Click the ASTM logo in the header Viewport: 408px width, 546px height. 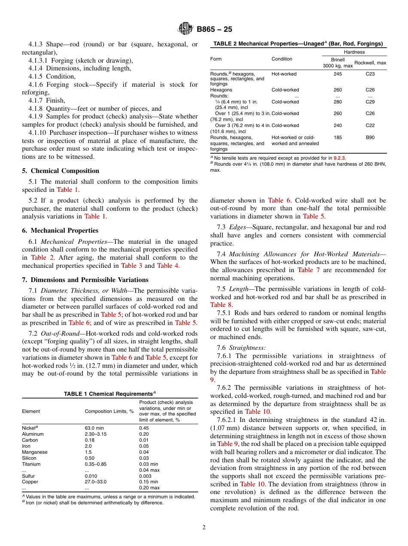point(186,29)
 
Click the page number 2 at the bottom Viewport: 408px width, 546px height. point(204,527)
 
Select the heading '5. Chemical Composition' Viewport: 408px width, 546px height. point(61,171)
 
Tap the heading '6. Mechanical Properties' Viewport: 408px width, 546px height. point(60,231)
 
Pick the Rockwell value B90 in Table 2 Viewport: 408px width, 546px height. point(370,137)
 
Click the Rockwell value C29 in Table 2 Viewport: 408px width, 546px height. point(370,102)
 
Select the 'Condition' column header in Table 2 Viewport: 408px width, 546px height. point(282,59)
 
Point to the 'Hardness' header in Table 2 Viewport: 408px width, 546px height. point(354,52)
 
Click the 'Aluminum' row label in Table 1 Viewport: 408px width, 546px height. point(32,434)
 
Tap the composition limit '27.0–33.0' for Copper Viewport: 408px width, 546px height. point(96,482)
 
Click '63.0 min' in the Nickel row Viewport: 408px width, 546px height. point(94,428)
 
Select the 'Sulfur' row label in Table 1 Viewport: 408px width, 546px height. point(29,476)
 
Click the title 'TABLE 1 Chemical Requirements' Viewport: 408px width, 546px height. point(110,394)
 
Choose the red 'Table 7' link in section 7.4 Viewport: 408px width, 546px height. point(305,270)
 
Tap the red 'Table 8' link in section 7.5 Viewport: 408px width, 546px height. point(221,305)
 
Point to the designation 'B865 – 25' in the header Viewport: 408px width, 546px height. point(214,30)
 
